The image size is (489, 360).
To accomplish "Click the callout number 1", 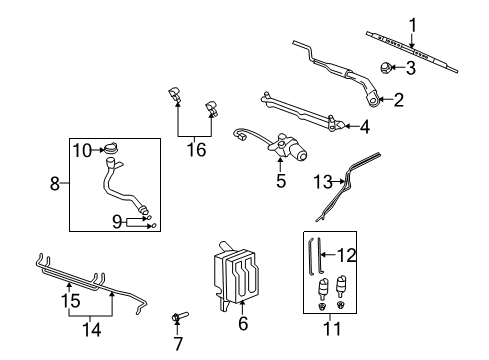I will point(410,24).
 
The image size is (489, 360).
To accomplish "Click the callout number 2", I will point(398,99).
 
